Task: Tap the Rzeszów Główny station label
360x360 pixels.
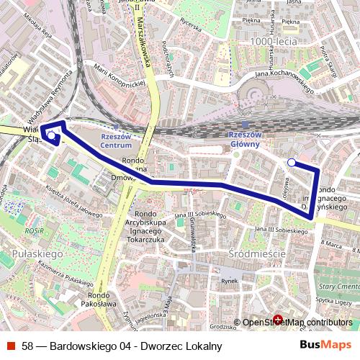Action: click(244, 139)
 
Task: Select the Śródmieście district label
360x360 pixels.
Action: click(257, 254)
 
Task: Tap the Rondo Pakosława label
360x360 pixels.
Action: click(99, 299)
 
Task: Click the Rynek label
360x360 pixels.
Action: click(229, 281)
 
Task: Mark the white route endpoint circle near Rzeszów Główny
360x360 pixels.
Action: click(291, 163)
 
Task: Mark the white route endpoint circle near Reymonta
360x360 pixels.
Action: click(51, 135)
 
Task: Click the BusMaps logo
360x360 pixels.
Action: click(325, 346)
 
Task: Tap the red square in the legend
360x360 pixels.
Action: click(12, 346)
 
